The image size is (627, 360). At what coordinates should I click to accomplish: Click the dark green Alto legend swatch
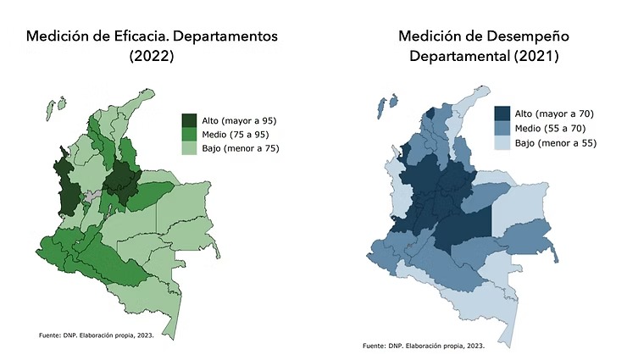tap(191, 120)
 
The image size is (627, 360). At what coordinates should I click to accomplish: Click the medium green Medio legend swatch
tap(191, 134)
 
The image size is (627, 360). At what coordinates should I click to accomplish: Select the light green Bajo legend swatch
tap(191, 148)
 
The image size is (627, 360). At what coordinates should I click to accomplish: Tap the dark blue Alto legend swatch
tap(502, 114)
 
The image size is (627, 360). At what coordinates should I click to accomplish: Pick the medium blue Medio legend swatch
tap(502, 128)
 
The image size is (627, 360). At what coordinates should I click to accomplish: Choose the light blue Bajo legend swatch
tap(502, 142)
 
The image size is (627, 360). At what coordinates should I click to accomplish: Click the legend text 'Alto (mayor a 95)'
tap(240, 120)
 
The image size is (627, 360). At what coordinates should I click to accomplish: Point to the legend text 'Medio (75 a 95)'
tap(236, 134)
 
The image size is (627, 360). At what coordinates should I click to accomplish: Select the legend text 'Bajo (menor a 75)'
tap(241, 148)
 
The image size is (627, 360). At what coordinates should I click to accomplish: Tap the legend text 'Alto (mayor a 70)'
tap(552, 114)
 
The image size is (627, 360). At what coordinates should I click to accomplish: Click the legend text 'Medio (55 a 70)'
tap(548, 128)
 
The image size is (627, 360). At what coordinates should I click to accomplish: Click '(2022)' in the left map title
tap(152, 58)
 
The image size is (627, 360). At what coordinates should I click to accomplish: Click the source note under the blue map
tap(423, 346)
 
